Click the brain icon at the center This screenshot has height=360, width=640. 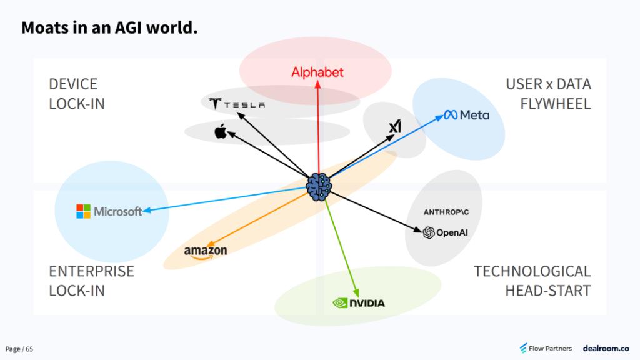point(320,186)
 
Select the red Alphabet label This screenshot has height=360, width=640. point(317,72)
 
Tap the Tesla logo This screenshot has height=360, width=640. point(236,104)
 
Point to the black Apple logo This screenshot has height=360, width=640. point(219,131)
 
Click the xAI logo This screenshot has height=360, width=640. point(394,127)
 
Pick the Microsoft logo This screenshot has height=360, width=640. point(109,211)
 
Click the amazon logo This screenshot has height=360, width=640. point(206,252)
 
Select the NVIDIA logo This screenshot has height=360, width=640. point(358,304)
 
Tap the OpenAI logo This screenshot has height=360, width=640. point(445,233)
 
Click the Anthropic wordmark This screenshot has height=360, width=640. point(446,212)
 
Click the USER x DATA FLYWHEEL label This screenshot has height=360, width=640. point(548,94)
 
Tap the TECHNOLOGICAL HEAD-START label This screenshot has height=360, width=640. point(532,281)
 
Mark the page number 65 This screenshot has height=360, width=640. point(29,349)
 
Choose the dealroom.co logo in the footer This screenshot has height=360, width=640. point(606,348)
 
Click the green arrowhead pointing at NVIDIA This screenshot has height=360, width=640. point(357,292)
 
